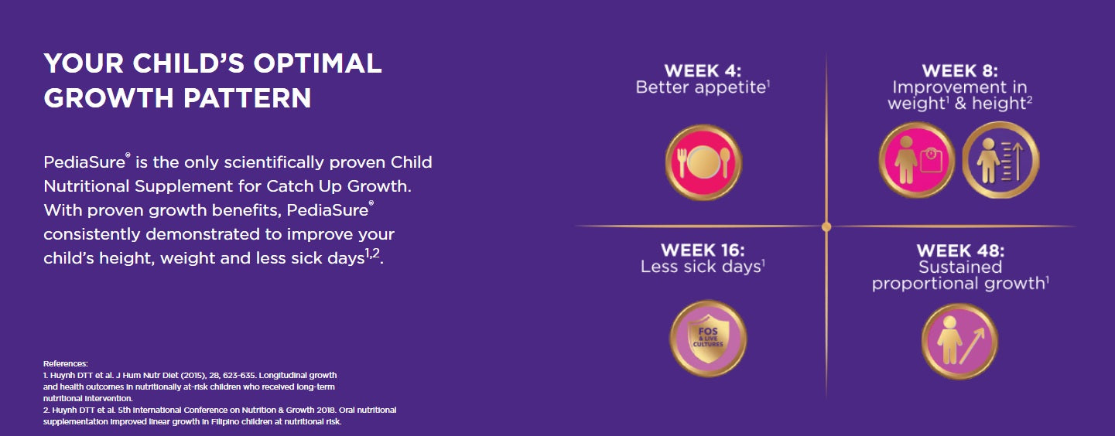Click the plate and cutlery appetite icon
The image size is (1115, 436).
coord(703,162)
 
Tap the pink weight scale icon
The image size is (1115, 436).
coord(916,160)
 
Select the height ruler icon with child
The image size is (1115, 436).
coord(1000,160)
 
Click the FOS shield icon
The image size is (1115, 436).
coord(708,339)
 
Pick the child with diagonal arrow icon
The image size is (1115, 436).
coord(959,342)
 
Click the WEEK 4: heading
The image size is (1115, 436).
coord(703,70)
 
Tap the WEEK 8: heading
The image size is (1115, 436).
coord(959,70)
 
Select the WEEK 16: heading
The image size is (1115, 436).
coord(703,250)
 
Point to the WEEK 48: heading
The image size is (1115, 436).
coord(960,250)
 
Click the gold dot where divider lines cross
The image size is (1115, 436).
coord(826,227)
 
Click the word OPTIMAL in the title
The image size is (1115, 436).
coord(317,63)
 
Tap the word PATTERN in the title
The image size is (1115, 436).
coord(247,98)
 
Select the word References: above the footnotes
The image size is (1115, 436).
coord(66,363)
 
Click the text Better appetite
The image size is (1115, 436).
coord(700,87)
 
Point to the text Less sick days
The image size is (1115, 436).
coord(701,267)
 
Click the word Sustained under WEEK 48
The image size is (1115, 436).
coord(960,267)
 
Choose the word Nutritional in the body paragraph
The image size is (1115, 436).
coord(86,186)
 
